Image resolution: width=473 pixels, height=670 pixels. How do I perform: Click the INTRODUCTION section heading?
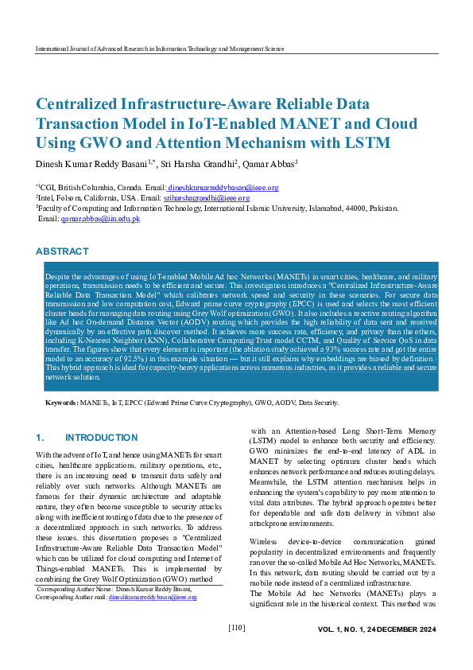point(101,438)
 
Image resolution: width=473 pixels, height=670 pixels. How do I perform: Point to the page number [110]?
point(236,628)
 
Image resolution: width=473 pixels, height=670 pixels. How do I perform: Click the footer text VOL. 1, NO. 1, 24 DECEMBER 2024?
point(377,629)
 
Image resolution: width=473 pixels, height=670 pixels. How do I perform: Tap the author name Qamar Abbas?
point(269,163)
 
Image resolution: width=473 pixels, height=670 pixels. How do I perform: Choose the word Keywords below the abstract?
point(61,403)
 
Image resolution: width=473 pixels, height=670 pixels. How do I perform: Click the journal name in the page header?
point(160,49)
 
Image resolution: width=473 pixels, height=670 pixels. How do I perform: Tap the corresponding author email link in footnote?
point(152,596)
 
